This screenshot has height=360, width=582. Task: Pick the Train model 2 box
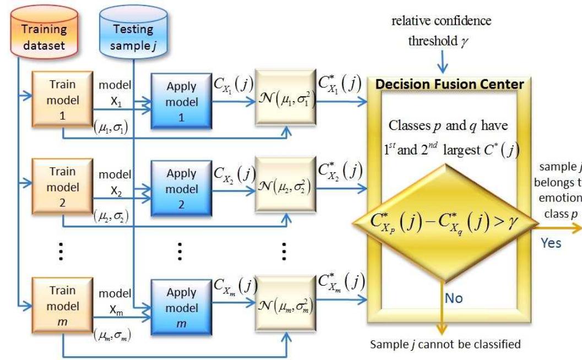pos(62,187)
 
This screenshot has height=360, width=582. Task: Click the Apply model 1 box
pos(181,102)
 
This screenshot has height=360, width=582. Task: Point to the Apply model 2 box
pos(181,188)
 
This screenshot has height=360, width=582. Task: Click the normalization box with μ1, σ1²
pos(285,101)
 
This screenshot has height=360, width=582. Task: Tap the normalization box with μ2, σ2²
pos(285,188)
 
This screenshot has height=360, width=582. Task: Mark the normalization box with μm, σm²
pos(285,303)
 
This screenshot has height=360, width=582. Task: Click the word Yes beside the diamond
pos(551,243)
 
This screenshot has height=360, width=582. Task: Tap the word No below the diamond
pos(454,298)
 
